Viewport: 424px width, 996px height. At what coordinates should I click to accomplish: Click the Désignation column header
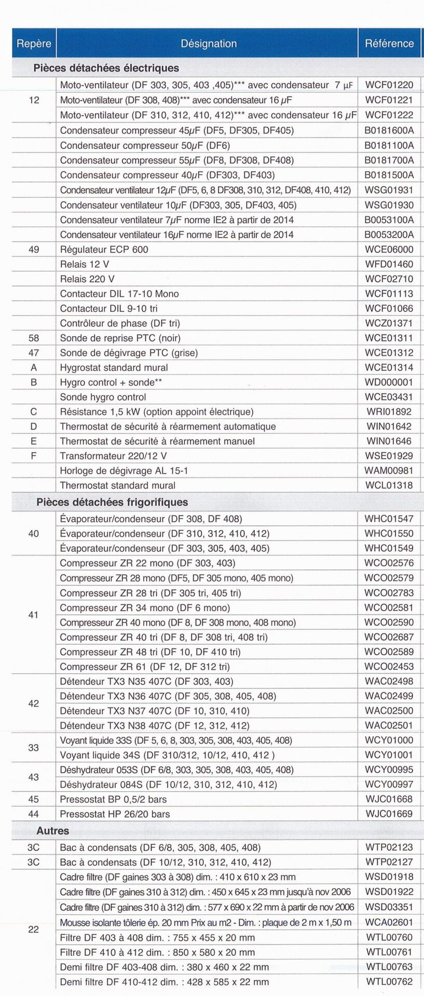click(209, 44)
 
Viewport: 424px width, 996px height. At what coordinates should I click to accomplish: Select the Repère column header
click(34, 44)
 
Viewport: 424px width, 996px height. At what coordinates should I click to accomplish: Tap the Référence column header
click(389, 44)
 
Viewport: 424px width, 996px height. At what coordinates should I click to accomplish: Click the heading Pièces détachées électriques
click(106, 68)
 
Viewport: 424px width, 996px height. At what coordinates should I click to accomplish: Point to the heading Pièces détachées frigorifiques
click(112, 502)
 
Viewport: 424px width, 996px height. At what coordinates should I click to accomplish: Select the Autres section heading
click(52, 831)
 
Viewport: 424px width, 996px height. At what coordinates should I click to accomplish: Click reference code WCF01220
click(389, 85)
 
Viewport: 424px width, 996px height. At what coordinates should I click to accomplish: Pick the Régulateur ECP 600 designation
click(104, 250)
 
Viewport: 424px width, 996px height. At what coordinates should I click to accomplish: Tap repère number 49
click(34, 250)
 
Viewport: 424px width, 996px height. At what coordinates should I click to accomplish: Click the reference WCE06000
click(389, 250)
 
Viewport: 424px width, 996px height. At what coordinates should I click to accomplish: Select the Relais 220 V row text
click(87, 279)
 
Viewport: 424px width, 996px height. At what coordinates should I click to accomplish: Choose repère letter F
click(34, 456)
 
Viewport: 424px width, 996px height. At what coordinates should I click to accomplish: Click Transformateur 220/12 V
click(114, 456)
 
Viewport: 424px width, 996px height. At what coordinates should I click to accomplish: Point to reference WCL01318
click(389, 486)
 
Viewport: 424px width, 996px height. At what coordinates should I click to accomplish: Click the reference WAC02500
click(389, 711)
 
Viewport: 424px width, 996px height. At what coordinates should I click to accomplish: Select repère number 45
click(34, 799)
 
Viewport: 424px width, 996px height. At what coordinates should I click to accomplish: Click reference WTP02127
click(389, 862)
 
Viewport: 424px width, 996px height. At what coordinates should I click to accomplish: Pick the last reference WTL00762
click(389, 981)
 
